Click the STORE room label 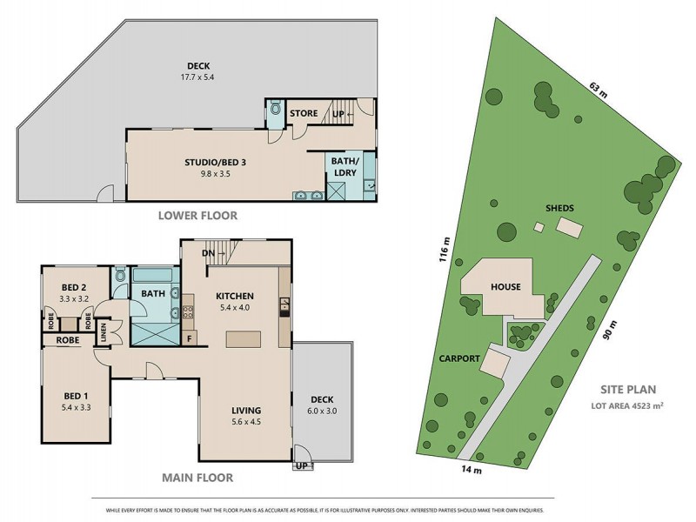304,113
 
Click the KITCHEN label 235,296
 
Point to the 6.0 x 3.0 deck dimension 323,412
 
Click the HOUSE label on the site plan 505,286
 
